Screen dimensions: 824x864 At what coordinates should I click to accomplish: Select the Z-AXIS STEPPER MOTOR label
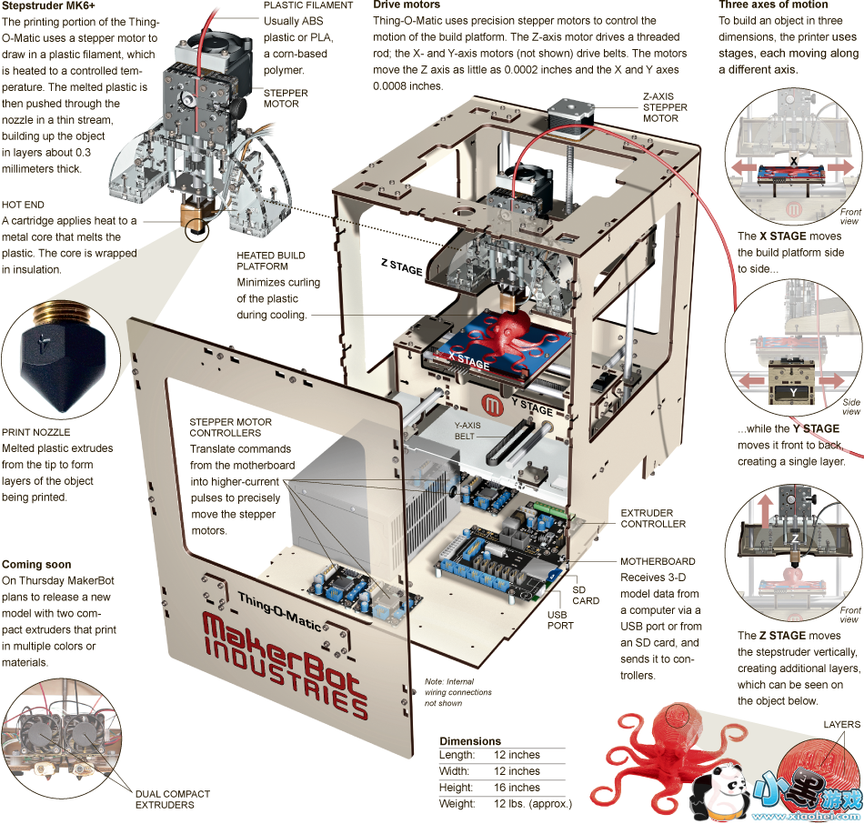click(665, 106)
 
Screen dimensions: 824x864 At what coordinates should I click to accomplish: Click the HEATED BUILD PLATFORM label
click(271, 261)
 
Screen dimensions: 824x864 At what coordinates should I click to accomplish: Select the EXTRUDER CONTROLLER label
click(653, 518)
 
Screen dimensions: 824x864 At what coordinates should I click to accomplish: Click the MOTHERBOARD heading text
click(658, 561)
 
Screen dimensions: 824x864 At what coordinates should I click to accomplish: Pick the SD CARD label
click(586, 595)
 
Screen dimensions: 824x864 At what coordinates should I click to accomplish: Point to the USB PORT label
click(560, 619)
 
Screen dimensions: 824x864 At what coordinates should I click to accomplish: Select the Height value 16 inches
click(517, 787)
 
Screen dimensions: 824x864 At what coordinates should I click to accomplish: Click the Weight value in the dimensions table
click(532, 804)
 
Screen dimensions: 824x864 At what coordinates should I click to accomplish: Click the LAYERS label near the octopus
click(841, 725)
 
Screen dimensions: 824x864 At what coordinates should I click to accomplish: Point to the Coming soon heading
click(36, 564)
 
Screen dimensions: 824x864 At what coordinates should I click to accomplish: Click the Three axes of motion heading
click(773, 5)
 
